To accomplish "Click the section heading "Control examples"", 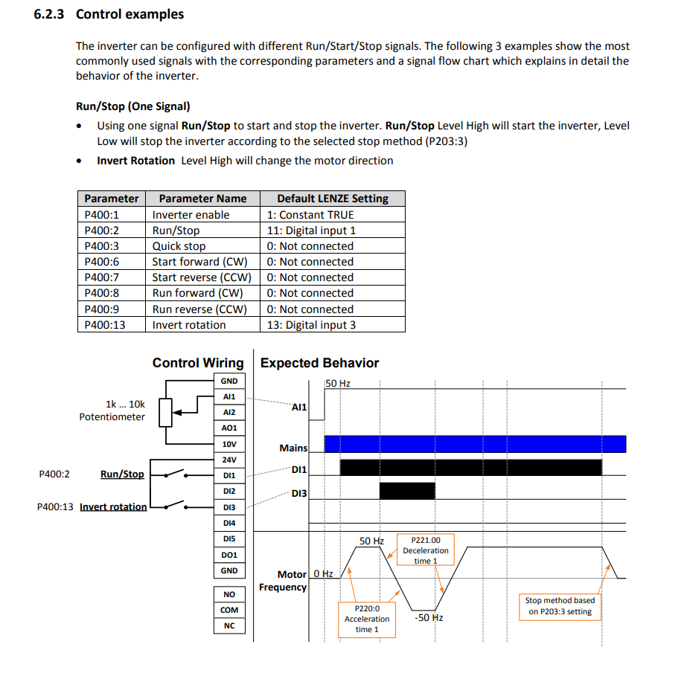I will click(x=130, y=14).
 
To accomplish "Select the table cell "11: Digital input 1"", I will click(x=311, y=231).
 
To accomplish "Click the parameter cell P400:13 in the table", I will click(x=105, y=325).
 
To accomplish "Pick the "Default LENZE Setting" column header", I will click(x=333, y=199).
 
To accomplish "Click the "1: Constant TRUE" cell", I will click(x=310, y=215).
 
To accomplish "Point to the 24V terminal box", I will click(x=229, y=460).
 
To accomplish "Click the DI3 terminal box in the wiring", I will click(x=229, y=507).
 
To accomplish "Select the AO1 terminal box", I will click(x=229, y=428).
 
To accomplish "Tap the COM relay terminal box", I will click(x=229, y=611).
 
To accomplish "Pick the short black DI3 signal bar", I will click(x=406, y=492).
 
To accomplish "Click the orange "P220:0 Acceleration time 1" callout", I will click(x=366, y=619).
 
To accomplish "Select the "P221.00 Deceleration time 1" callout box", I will click(x=426, y=550).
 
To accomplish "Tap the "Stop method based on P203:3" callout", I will click(x=559, y=606).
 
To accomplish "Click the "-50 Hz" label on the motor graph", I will click(x=428, y=618).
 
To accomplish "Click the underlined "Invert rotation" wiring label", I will click(x=113, y=507).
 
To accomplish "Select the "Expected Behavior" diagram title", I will click(x=319, y=363).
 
